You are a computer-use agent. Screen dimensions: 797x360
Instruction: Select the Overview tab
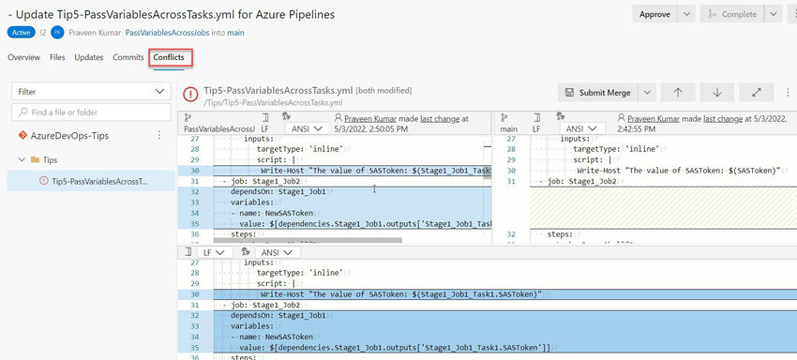pyautogui.click(x=23, y=57)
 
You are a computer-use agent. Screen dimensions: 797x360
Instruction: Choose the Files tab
pyautogui.click(x=57, y=57)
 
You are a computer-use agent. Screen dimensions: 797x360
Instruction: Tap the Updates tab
pyautogui.click(x=89, y=57)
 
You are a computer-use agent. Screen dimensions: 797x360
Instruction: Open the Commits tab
pyautogui.click(x=128, y=57)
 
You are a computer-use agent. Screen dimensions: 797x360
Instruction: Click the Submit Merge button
pyautogui.click(x=598, y=93)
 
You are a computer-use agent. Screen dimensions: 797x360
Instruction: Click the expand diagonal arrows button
pyautogui.click(x=756, y=93)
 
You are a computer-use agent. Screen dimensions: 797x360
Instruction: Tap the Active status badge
pyautogui.click(x=20, y=32)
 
